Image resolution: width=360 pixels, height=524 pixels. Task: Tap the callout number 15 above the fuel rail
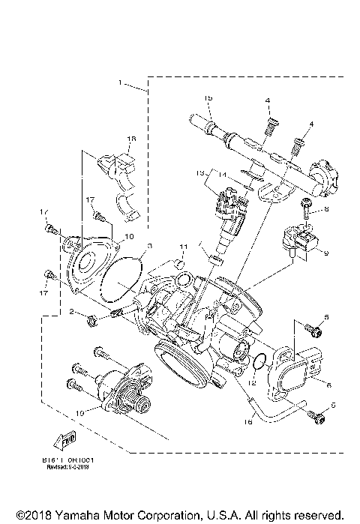209,99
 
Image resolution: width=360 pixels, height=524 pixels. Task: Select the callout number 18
131,139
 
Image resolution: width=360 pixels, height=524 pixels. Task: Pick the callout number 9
326,255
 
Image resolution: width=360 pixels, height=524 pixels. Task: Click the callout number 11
181,247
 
